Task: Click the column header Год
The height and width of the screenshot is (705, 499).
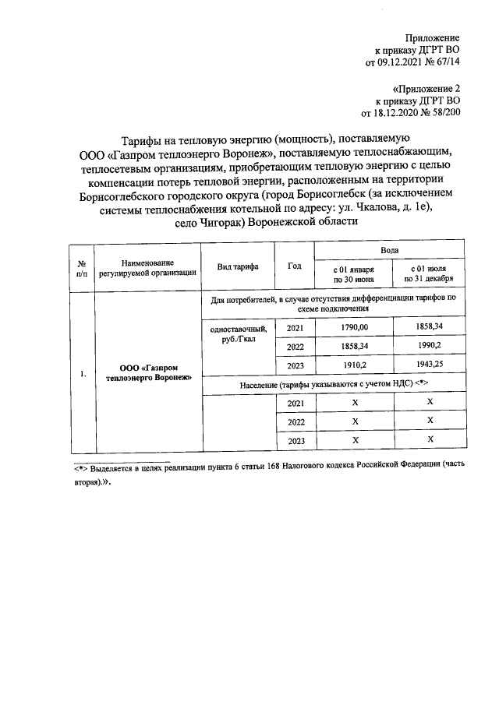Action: click(294, 266)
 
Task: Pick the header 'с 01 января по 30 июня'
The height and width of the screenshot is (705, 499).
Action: click(354, 273)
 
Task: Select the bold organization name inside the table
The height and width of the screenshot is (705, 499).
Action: click(147, 372)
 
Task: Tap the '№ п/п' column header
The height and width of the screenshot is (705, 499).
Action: click(82, 269)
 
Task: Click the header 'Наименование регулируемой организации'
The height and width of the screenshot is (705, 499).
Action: click(147, 269)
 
